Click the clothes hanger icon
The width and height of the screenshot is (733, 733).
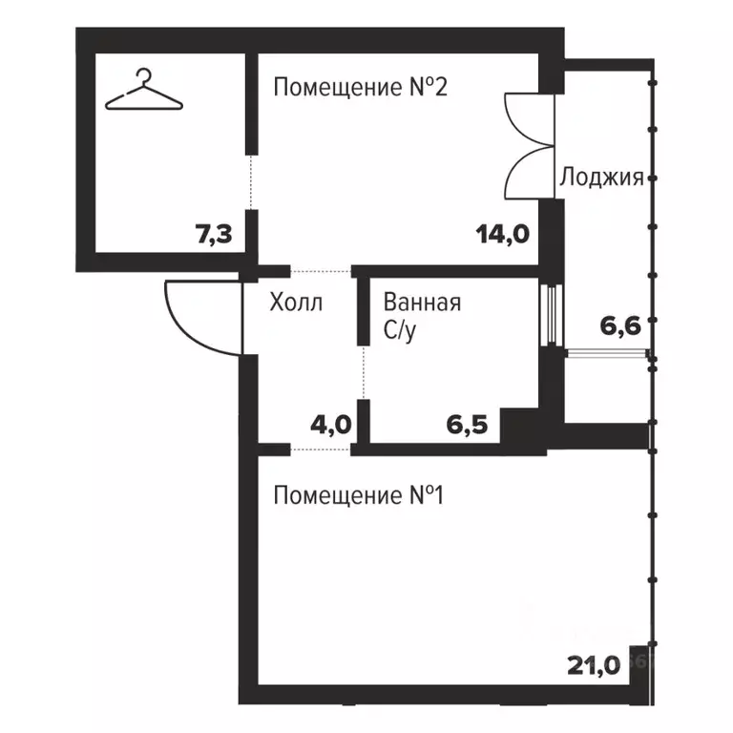click(x=141, y=90)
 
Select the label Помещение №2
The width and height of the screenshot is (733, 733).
click(x=360, y=88)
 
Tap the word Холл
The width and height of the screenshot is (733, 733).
click(x=296, y=304)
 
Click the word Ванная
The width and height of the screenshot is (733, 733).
click(x=422, y=304)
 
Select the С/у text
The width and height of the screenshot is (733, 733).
click(x=402, y=330)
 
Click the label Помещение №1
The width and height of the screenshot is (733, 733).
click(x=360, y=496)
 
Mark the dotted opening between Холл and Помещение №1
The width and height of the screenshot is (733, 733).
click(x=321, y=449)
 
